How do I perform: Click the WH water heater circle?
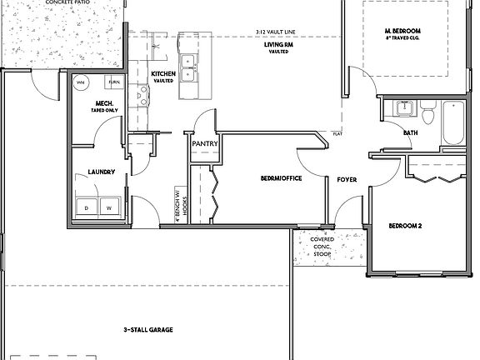(82, 84)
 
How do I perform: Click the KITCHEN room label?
(162, 75)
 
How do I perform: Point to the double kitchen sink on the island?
(188, 67)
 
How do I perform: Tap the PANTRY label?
(204, 144)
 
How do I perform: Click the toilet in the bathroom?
(427, 114)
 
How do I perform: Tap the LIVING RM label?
(277, 47)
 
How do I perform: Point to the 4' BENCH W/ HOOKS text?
(179, 202)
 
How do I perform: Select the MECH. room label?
(104, 104)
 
